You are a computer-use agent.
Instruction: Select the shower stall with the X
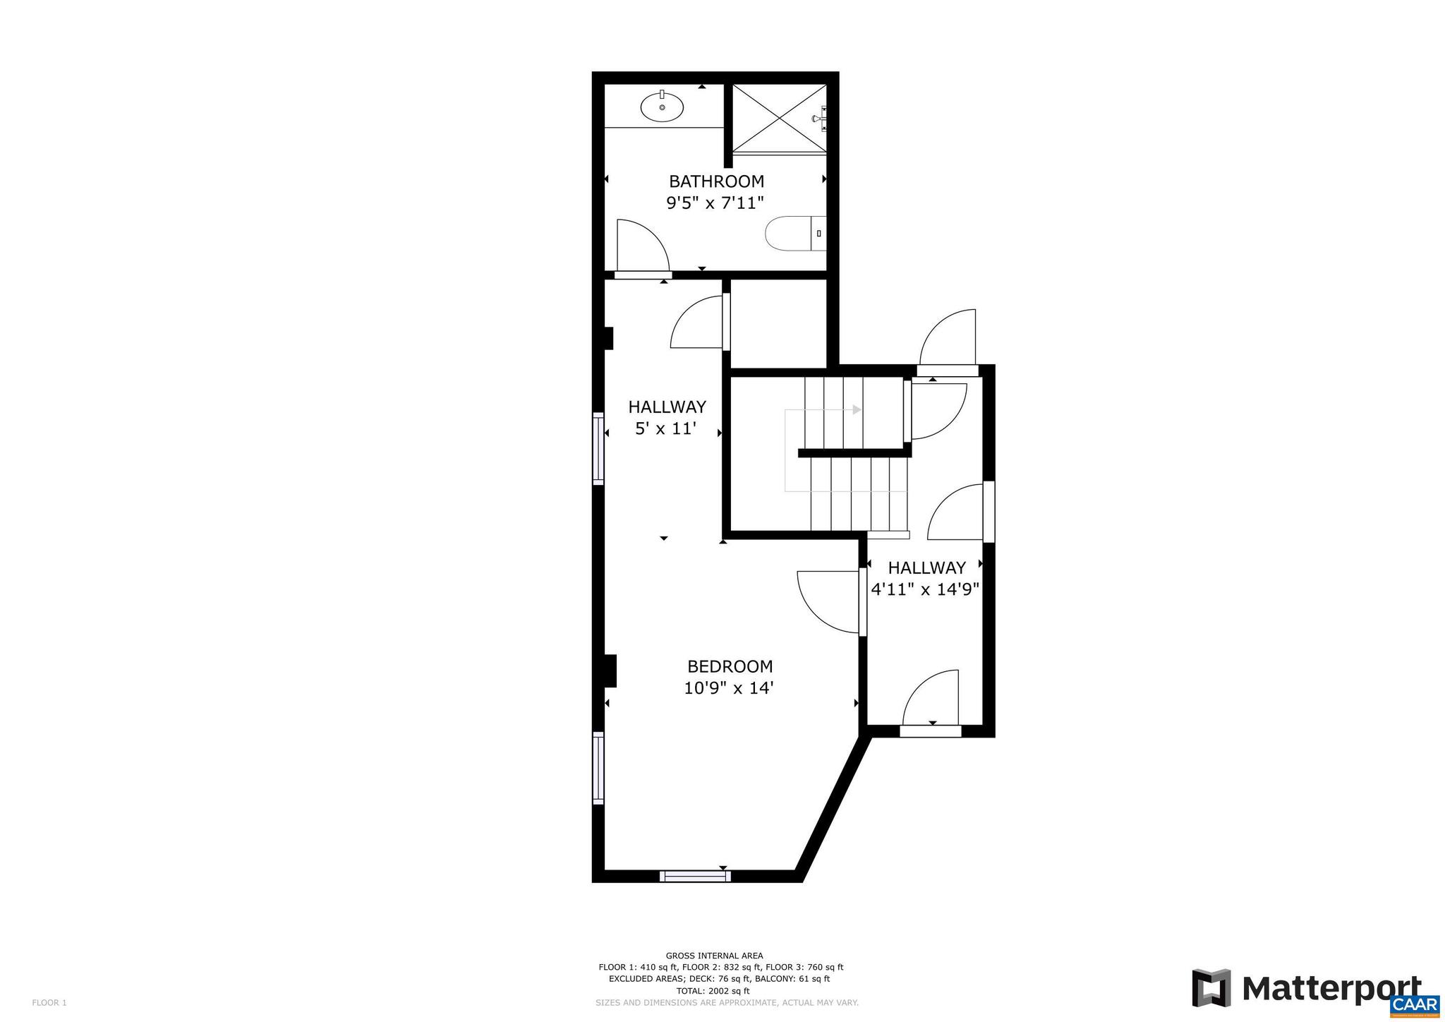coord(778,118)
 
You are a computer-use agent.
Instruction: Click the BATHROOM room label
coord(716,181)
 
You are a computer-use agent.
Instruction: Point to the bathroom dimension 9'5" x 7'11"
coord(715,204)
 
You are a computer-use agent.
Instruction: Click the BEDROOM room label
coord(730,666)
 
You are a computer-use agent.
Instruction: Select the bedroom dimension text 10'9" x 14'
coord(729,688)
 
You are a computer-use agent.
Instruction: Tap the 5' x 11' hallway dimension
coord(666,428)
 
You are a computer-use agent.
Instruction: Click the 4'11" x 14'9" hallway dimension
coord(926,589)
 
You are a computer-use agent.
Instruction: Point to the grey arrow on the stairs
coord(856,409)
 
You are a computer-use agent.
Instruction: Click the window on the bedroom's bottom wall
coord(694,876)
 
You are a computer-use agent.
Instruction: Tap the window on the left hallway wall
coord(598,449)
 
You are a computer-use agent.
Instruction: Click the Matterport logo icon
coord(1211,988)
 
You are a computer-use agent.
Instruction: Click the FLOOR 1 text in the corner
coord(49,1002)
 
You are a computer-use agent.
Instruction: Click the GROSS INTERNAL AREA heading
coord(714,956)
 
